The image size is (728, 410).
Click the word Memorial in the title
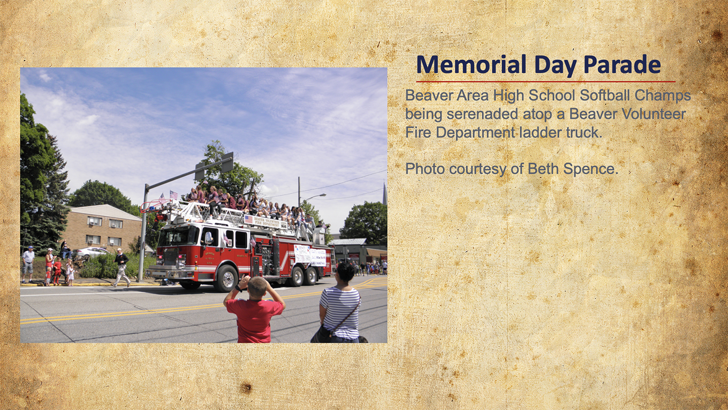click(x=471, y=64)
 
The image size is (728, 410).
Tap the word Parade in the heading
click(x=622, y=64)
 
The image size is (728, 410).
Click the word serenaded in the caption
click(x=482, y=114)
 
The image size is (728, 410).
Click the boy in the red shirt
click(x=254, y=309)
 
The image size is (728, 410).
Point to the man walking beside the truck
click(x=120, y=267)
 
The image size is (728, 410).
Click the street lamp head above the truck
click(x=320, y=195)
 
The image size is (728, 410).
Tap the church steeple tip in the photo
click(x=384, y=184)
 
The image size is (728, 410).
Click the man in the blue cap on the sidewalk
click(x=28, y=264)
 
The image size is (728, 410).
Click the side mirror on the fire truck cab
click(x=208, y=238)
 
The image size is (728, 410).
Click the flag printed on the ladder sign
click(x=248, y=219)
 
